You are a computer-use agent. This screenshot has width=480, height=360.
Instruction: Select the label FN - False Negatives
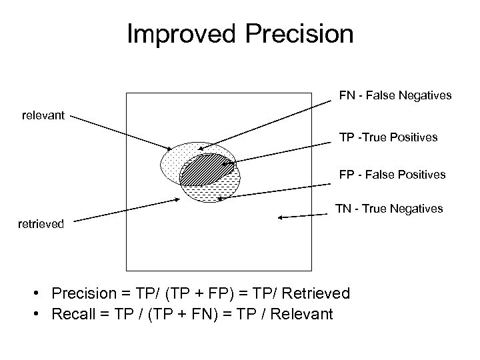pos(395,96)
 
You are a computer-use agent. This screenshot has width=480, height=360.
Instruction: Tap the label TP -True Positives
pos(388,137)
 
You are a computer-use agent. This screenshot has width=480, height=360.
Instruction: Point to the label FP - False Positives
pos(392,175)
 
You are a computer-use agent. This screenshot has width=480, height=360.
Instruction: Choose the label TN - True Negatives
pos(389,209)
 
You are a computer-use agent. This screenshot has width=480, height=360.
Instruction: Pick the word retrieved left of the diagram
pos(41,224)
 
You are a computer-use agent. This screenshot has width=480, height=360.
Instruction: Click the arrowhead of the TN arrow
pos(281,217)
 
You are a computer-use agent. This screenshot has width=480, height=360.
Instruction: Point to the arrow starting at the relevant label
pos(120,131)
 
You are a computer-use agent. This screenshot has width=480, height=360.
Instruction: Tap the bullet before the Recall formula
pos(41,313)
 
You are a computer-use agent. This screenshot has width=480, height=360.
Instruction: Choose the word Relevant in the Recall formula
pos(300,313)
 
